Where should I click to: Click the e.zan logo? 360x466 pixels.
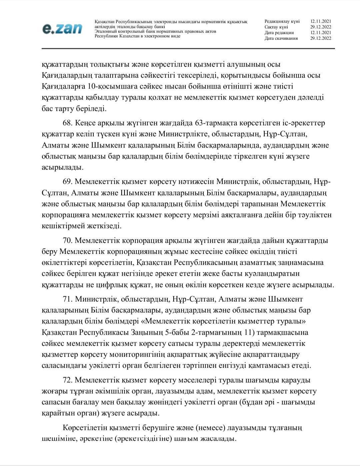62,29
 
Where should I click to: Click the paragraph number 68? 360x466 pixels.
68,123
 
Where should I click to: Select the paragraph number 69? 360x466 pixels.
68,182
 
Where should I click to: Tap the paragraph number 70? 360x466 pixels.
68,240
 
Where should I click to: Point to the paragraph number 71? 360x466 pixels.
68,299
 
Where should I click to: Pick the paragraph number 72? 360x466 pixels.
68,380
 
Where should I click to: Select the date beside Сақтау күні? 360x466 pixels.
321,27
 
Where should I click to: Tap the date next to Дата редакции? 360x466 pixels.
321,33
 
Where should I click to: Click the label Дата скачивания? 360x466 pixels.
281,38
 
